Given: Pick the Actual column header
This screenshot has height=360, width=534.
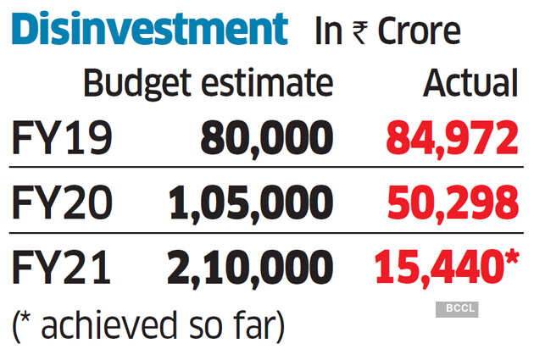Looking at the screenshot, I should (470, 83).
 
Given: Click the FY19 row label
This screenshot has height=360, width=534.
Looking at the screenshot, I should (61, 139).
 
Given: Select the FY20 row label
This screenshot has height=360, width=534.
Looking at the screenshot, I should (61, 204).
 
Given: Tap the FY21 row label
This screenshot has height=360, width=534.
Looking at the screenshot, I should (61, 269).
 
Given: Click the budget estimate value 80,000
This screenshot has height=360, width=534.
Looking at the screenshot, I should (266, 139).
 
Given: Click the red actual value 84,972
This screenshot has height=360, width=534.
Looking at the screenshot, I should (452, 139).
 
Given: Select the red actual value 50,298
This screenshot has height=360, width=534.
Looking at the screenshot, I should (452, 204).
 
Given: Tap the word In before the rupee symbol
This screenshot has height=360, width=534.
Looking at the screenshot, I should (328, 31).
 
